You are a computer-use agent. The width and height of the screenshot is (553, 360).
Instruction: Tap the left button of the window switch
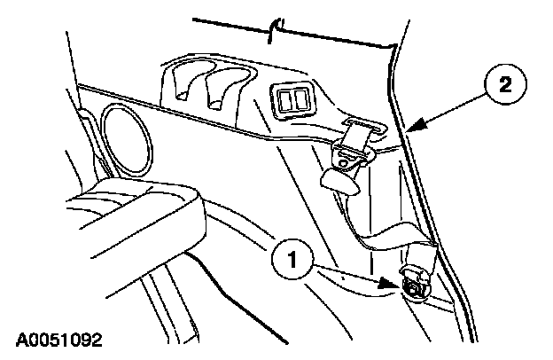pos(284,98)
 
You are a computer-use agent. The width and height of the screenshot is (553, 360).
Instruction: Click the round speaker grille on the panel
pos(125,131)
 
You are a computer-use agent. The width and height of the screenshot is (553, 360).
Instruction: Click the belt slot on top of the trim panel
pos(361,128)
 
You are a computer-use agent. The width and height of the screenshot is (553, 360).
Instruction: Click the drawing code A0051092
pos(58,339)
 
